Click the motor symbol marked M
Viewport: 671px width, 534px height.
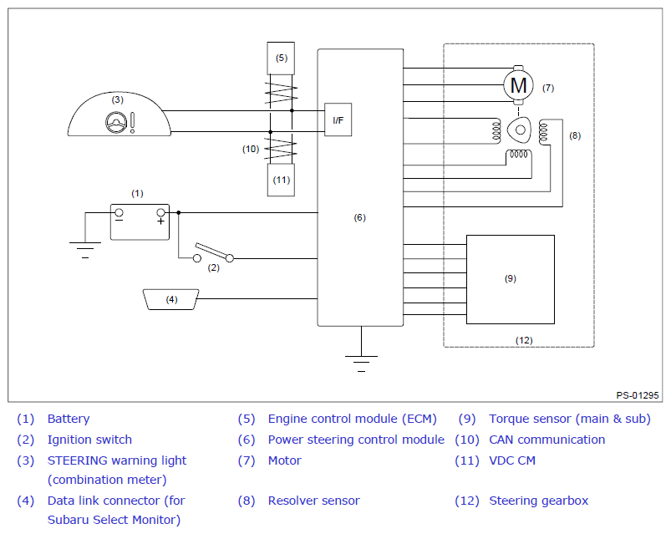[518, 85]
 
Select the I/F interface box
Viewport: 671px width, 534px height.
[338, 120]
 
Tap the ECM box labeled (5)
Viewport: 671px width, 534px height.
[281, 58]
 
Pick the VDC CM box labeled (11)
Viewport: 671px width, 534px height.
[281, 181]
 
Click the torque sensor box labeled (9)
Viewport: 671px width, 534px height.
[511, 279]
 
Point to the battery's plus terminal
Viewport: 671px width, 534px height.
[161, 212]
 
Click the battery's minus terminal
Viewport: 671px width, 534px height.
[119, 212]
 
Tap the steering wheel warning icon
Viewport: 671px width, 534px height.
[116, 122]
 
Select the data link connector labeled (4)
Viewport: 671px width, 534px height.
[171, 299]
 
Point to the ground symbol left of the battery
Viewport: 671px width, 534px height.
[85, 251]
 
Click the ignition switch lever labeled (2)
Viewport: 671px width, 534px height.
[213, 252]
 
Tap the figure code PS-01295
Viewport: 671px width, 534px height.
[638, 395]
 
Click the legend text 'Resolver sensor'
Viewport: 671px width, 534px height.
[313, 501]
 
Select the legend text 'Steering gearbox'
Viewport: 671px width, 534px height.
[538, 501]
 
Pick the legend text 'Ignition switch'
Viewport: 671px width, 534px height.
[89, 440]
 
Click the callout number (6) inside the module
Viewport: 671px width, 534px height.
[359, 218]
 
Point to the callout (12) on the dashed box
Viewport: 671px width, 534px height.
[524, 341]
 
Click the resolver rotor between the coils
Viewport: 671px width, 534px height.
[520, 130]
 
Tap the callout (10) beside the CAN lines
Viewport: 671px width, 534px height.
[251, 150]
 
